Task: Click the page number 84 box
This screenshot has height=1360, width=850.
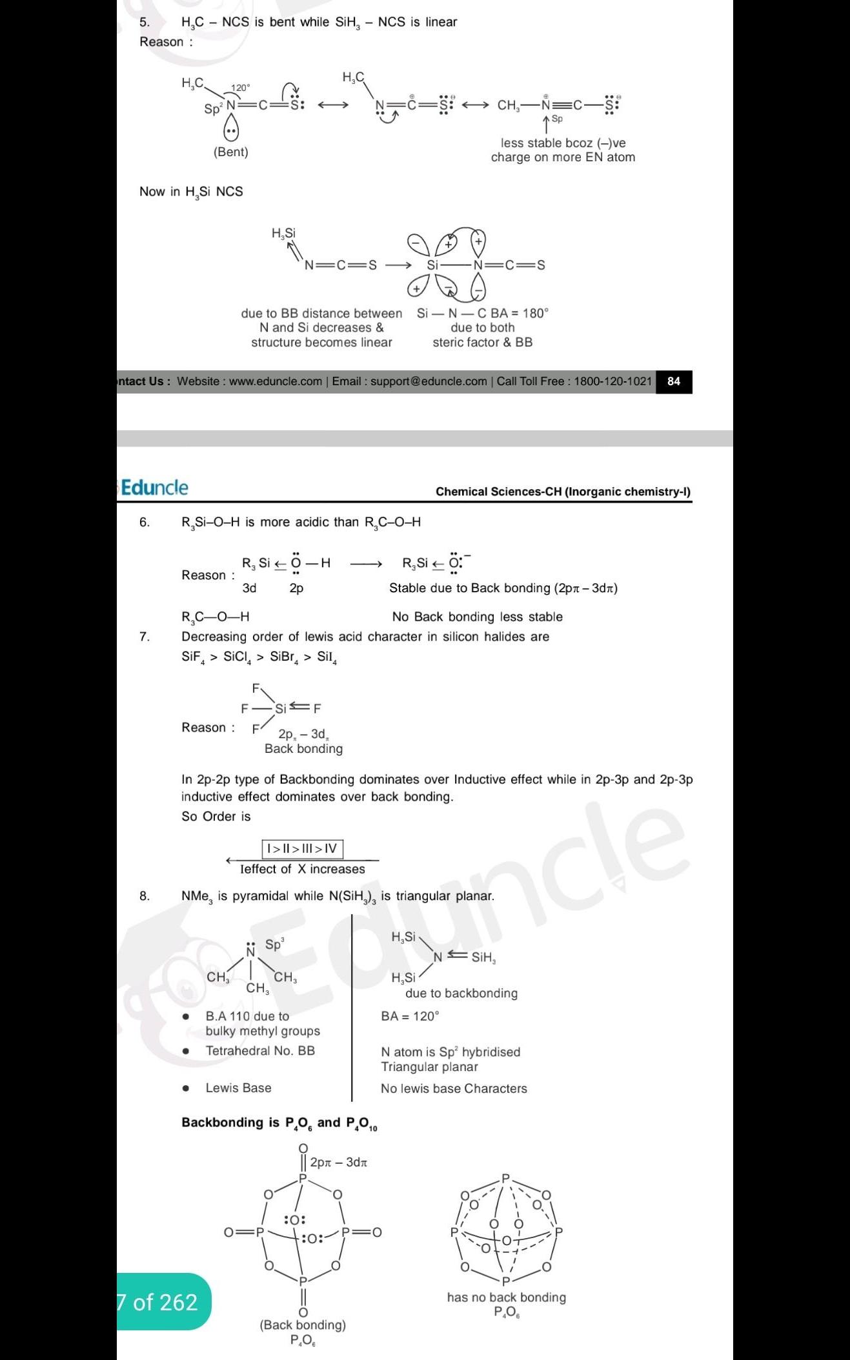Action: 673,381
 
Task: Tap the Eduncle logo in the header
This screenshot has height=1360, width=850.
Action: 154,488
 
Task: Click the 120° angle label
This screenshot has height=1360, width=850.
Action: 241,88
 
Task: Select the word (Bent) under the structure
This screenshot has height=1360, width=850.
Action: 230,152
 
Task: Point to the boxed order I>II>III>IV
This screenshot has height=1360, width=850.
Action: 302,848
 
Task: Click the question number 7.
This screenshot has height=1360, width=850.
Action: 145,637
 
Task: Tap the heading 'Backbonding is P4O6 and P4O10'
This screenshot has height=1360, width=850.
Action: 279,1123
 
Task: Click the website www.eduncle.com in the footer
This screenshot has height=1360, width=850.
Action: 275,381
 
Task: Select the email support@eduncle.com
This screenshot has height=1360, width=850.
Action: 429,381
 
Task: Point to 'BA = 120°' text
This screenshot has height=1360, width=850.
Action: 410,1016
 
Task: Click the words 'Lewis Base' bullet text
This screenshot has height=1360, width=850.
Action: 238,1088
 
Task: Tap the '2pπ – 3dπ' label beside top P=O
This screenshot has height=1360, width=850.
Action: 338,1162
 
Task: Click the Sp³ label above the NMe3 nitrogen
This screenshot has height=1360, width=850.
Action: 274,945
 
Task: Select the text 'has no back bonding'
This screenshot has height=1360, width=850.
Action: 506,1297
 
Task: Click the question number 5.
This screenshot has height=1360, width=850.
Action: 145,22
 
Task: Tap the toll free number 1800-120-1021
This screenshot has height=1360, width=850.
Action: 612,381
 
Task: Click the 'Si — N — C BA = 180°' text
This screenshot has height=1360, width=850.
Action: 482,313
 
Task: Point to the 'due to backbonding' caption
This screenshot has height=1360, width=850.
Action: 461,993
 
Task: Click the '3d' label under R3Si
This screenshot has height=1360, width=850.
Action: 249,588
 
